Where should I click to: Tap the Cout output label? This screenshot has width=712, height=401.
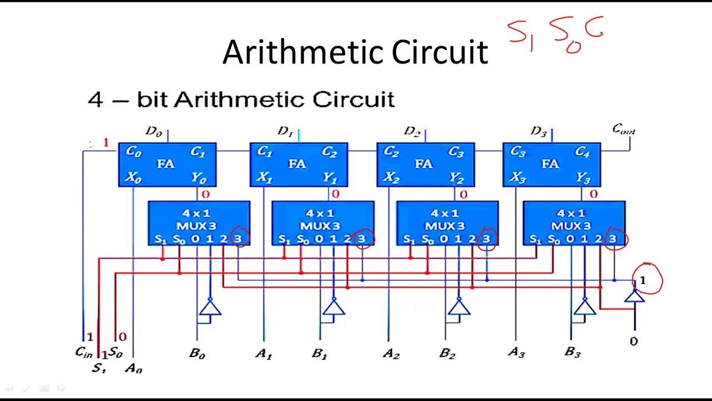(624, 130)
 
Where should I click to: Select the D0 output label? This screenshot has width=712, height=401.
(154, 131)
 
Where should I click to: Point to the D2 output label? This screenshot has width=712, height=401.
(412, 131)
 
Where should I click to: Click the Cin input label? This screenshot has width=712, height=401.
(84, 352)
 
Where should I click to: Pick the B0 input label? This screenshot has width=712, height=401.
(197, 354)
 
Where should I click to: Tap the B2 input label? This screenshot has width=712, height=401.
(447, 354)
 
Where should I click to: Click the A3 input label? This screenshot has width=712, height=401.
(516, 353)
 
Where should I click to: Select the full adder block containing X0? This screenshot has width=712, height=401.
(167, 164)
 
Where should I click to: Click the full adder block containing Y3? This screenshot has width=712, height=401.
(551, 164)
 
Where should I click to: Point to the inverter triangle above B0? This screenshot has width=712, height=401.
(210, 306)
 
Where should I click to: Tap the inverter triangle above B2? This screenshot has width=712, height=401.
(459, 306)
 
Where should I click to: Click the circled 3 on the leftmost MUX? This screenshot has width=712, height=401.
(239, 238)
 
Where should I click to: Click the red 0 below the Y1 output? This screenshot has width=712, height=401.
(335, 194)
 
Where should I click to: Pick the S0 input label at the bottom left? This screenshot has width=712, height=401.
(116, 352)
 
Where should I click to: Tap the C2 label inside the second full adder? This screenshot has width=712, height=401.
(329, 152)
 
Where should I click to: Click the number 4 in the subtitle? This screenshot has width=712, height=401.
(96, 100)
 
